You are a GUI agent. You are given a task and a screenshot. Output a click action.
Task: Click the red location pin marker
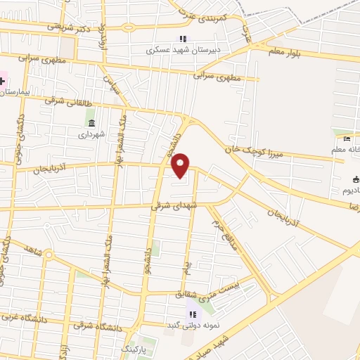[x=181, y=165]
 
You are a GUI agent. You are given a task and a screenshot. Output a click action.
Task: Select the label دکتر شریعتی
[x=71, y=26]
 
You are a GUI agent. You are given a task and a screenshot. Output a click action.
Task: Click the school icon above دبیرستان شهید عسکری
[x=182, y=39]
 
